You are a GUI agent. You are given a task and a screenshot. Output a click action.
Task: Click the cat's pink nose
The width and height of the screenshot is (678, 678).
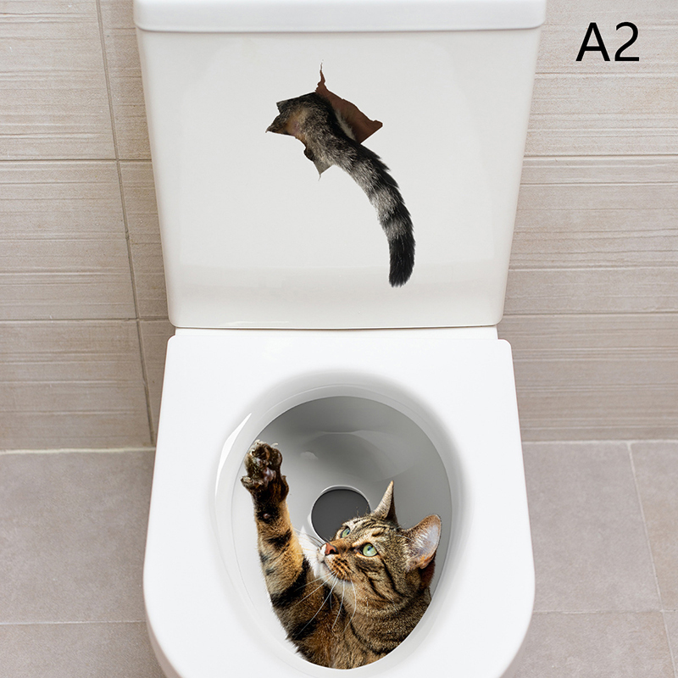(x=331, y=549)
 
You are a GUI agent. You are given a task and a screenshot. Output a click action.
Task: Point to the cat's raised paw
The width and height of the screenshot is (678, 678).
(x=264, y=470)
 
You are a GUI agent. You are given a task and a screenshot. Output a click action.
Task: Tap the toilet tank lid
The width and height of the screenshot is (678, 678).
(x=340, y=15)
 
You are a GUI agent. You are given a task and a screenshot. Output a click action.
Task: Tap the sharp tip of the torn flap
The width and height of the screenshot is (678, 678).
(x=321, y=65)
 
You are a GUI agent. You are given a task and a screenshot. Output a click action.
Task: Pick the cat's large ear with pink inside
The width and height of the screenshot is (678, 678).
(x=423, y=541)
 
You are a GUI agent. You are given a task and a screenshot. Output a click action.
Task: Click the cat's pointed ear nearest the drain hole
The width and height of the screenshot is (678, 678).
(x=386, y=501)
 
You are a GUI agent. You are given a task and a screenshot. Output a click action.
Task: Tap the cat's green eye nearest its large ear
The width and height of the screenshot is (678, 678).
(x=369, y=549)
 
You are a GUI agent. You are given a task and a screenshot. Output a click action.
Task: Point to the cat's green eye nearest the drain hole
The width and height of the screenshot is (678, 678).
(x=346, y=532)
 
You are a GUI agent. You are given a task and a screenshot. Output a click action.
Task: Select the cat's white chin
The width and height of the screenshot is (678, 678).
(x=322, y=561)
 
